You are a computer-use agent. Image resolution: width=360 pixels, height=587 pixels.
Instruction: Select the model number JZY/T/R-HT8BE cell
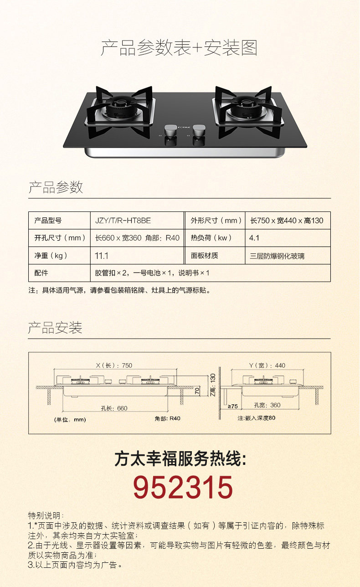(x=123, y=221)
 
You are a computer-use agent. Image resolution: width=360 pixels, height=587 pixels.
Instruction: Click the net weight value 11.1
(x=102, y=256)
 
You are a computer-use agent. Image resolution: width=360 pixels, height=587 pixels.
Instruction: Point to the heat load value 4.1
(x=254, y=238)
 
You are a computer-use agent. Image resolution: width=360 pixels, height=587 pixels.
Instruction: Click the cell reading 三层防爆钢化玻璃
(x=277, y=256)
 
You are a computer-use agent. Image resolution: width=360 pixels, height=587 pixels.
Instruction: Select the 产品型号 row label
(x=48, y=221)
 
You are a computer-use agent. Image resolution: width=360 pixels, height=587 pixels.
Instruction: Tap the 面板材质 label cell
(x=205, y=256)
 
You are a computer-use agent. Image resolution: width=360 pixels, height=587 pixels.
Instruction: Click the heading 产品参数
(x=56, y=187)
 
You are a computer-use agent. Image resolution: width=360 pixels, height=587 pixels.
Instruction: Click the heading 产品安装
(x=55, y=328)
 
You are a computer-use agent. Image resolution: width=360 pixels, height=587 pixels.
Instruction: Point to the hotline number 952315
(x=183, y=487)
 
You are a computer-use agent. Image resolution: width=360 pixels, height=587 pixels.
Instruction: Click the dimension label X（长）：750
(x=114, y=366)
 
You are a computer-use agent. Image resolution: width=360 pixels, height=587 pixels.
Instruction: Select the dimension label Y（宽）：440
(x=267, y=366)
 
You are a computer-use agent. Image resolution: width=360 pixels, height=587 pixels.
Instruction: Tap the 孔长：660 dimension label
(x=114, y=408)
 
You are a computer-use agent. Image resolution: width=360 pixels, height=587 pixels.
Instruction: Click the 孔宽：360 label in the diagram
(x=267, y=405)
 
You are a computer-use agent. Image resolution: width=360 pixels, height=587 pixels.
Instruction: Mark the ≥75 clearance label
(x=232, y=406)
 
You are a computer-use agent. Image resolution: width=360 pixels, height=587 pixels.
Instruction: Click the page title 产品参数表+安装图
(x=179, y=48)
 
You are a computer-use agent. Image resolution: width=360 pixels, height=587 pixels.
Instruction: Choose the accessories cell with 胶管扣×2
(x=152, y=273)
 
